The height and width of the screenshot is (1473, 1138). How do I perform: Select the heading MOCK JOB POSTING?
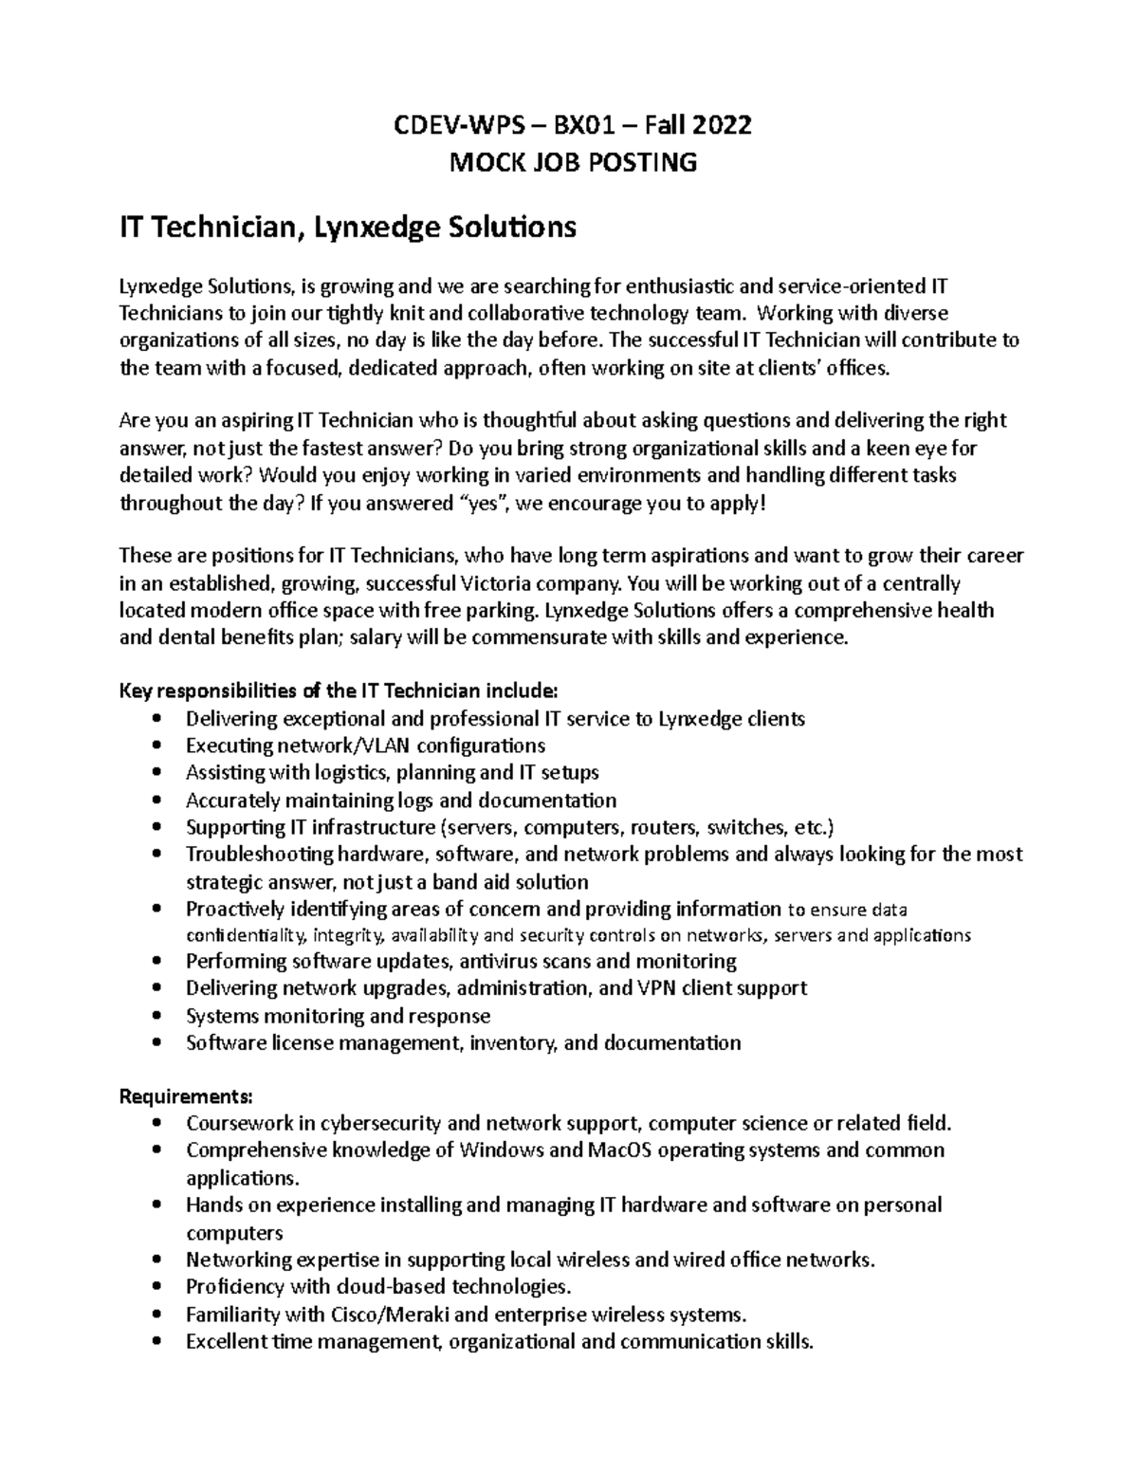(x=573, y=162)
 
